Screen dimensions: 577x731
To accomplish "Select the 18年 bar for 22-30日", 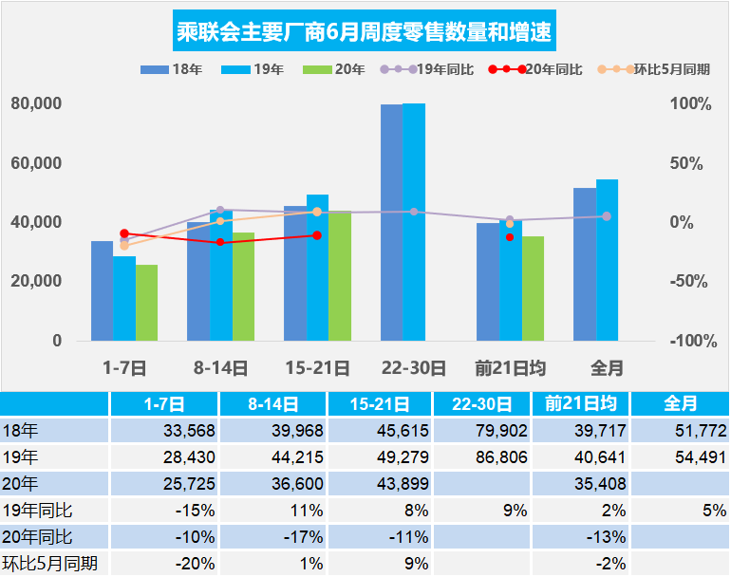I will tap(391, 223).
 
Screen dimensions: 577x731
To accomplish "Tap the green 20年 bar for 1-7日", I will tap(146, 303).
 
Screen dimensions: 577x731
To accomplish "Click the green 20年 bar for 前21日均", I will tap(533, 288).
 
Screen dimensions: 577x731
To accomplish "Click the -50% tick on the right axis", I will tap(690, 281).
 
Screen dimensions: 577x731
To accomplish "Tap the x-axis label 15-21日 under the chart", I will tap(317, 367).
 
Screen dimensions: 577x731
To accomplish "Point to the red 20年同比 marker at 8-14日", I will tap(220, 242).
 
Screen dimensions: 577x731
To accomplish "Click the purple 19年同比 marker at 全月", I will tap(607, 216).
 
